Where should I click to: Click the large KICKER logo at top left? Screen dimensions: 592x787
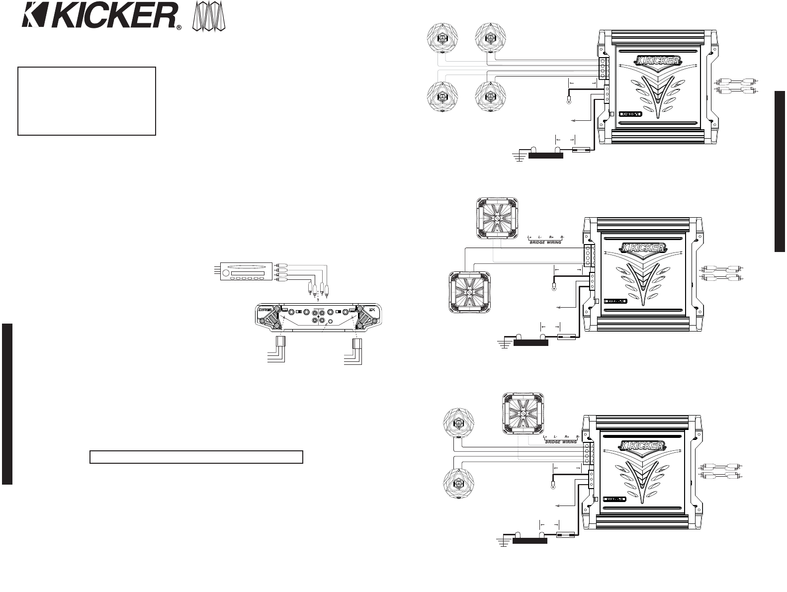99,17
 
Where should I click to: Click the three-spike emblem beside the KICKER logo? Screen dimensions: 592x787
209,18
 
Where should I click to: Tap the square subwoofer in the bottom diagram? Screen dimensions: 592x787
522,412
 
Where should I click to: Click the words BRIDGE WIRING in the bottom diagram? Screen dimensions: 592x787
561,442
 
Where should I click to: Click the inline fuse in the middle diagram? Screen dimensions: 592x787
566,337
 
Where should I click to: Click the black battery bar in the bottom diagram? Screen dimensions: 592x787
529,541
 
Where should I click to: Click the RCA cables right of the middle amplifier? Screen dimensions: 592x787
722,272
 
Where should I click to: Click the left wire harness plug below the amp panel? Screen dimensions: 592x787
280,342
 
